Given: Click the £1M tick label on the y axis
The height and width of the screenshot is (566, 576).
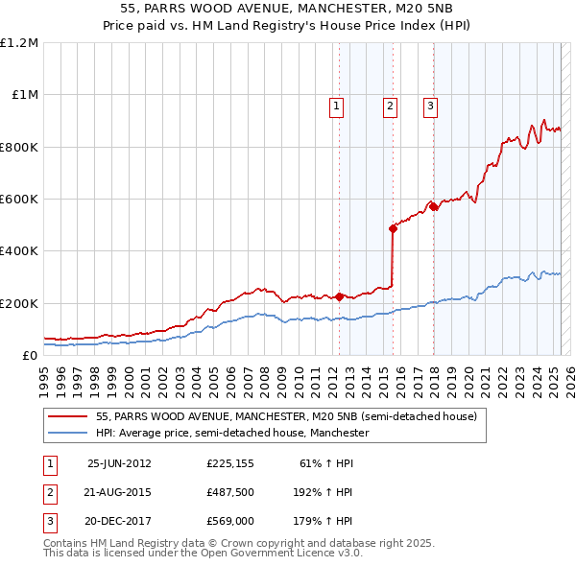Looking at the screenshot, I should coord(24,95).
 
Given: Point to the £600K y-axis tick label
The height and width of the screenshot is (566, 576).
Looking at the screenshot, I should coord(19,199).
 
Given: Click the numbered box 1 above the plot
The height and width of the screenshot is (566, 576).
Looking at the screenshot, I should coord(337,106).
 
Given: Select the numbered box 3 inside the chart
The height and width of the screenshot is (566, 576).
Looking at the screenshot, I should coord(430,106).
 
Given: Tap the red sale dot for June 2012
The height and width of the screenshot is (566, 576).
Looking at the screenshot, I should coord(340,296).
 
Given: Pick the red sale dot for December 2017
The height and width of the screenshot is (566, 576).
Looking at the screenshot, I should coord(434,206).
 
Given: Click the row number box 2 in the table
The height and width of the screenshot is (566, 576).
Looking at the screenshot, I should coord(49,492).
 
